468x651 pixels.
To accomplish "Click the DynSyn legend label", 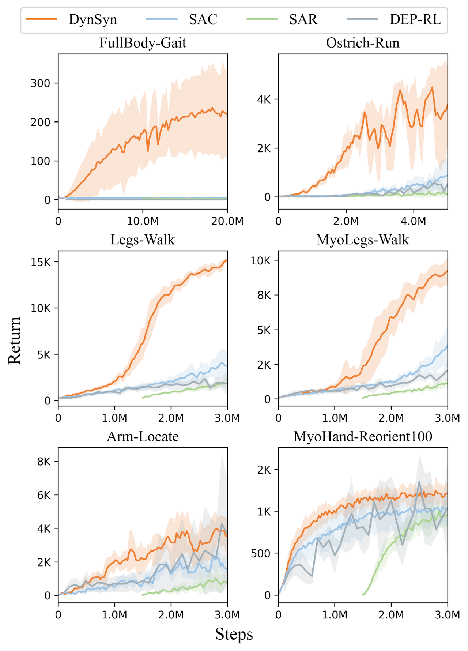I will [93, 19].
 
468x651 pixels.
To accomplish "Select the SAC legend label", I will [203, 19].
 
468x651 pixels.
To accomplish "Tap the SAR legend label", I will [303, 19].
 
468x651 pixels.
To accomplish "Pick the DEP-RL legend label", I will [415, 19].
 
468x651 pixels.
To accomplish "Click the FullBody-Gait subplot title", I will [143, 43].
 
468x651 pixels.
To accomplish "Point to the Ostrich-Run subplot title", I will [363, 43].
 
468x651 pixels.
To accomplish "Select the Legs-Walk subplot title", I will [143, 240].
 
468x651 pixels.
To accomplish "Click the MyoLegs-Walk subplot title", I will [363, 240].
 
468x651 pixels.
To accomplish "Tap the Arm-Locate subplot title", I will [143, 437].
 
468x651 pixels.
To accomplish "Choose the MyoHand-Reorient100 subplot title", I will [363, 437].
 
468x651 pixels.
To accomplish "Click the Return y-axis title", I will [15, 340].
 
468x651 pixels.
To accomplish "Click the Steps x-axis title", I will [234, 634].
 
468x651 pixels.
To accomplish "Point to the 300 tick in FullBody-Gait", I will [40, 83].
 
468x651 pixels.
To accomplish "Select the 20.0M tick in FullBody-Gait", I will [227, 221].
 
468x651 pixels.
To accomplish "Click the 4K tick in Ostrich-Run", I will [264, 99].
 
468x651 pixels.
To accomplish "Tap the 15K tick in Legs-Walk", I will [41, 262].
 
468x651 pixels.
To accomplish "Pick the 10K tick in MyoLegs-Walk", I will [261, 261].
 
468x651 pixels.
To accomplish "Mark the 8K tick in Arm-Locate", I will [44, 462].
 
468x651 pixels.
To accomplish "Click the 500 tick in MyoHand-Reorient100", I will [261, 553].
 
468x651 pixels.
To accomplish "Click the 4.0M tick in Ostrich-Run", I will [414, 221].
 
